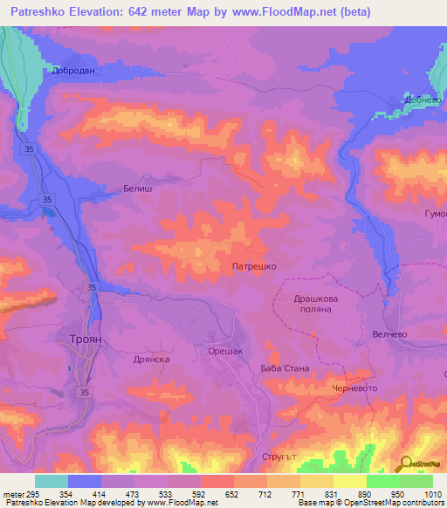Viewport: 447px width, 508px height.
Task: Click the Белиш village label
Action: click(138, 188)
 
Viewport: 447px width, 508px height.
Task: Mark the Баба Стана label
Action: click(285, 368)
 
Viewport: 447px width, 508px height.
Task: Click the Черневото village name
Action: click(354, 388)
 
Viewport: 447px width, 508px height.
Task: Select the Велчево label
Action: click(390, 333)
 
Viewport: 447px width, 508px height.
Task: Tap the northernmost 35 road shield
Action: click(31, 150)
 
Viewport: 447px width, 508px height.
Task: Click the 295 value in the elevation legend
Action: click(33, 494)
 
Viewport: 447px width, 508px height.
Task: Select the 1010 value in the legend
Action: click(433, 494)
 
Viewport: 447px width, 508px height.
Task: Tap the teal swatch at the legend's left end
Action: click(52, 481)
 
